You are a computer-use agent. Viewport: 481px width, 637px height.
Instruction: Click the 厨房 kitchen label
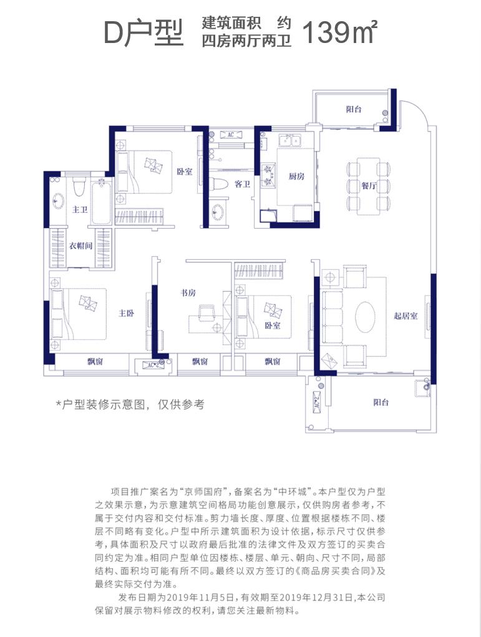[296, 176]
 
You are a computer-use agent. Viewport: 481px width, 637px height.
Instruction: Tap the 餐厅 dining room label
[368, 186]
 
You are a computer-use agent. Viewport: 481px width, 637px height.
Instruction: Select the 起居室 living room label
[406, 315]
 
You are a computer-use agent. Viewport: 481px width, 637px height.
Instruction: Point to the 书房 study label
[188, 292]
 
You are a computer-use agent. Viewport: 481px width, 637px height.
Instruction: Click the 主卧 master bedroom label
[127, 314]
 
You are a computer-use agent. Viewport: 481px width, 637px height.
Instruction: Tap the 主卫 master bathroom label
[80, 209]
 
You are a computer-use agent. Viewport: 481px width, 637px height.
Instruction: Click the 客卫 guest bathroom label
[242, 184]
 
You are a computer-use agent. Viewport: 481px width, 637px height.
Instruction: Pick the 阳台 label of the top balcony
[354, 109]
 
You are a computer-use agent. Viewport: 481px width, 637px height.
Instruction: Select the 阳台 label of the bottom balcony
[381, 402]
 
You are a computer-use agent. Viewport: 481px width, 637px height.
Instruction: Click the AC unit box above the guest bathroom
[231, 135]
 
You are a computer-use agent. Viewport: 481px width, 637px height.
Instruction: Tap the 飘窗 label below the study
[200, 361]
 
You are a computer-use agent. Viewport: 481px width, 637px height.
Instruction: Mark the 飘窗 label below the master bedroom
[95, 361]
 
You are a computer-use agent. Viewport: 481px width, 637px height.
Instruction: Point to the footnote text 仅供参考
[181, 405]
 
